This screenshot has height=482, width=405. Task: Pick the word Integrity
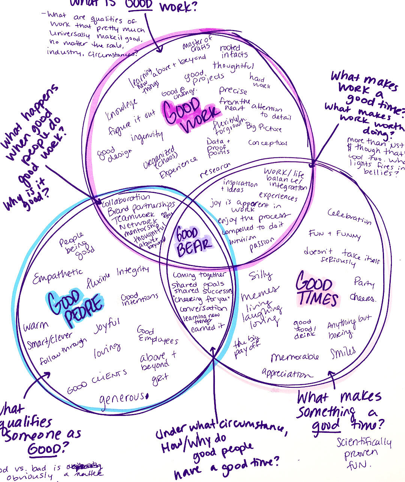(x=132, y=271)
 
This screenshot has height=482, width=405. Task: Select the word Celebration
(x=349, y=217)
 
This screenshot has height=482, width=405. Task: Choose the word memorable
(x=295, y=357)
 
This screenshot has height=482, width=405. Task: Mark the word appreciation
(x=287, y=374)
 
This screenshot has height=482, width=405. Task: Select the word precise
(x=233, y=90)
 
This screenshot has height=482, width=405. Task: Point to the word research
(x=215, y=170)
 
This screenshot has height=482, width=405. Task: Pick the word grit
(x=160, y=379)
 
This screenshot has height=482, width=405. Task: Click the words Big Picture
(x=263, y=128)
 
